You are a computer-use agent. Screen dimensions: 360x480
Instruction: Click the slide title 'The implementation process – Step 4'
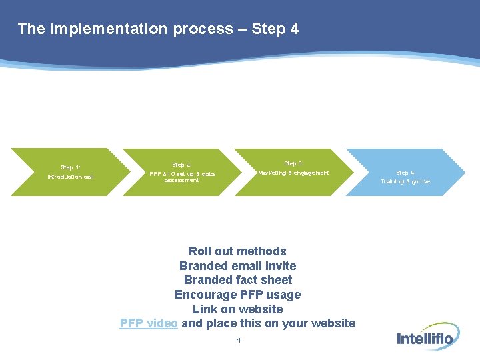[x=158, y=29]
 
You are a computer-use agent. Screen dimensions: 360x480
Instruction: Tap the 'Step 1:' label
[x=71, y=167]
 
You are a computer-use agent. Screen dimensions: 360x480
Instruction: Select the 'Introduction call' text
[x=71, y=177]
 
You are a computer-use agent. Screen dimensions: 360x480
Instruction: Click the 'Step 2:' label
[x=182, y=165]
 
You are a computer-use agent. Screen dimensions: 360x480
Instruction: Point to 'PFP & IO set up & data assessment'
[x=182, y=177]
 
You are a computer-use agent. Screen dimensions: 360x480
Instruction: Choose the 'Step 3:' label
[x=293, y=163]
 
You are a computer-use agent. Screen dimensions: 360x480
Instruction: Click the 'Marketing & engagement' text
[x=293, y=173]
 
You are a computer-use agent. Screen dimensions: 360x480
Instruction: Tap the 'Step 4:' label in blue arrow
[x=405, y=173]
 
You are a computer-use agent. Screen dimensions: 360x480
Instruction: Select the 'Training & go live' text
[x=405, y=181]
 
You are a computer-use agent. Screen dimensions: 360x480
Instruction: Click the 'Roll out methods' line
[x=237, y=251]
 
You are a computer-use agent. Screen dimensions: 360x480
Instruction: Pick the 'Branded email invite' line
[x=237, y=266]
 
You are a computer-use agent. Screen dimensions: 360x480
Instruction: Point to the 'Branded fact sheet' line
[x=237, y=280]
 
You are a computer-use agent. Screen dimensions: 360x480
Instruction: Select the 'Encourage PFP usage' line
[x=237, y=295]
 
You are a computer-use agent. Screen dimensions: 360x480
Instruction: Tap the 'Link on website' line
[x=237, y=309]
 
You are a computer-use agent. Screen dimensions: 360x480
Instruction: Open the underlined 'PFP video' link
[x=149, y=323]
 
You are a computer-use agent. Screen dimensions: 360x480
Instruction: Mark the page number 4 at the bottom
[x=238, y=341]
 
